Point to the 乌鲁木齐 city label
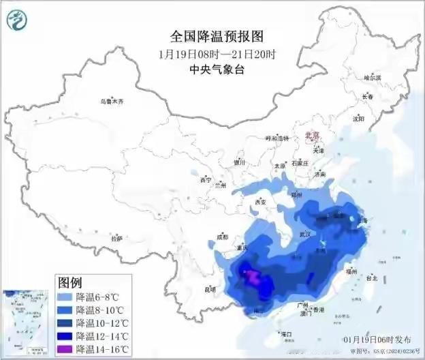[112, 102]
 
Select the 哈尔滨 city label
[373, 78]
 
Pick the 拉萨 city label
[116, 239]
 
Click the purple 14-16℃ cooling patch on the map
[252, 276]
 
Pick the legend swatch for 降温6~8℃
[65, 297]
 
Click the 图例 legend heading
[69, 282]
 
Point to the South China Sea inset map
[26, 321]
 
